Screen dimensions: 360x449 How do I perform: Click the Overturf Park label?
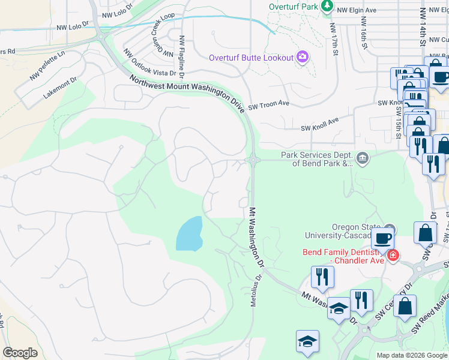tap(293, 7)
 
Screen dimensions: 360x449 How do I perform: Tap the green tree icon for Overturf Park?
tap(327, 7)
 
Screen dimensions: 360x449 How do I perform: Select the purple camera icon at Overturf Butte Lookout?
tap(303, 58)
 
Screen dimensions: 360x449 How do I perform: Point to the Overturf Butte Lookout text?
tap(251, 58)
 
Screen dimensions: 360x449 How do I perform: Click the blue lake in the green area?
tap(189, 234)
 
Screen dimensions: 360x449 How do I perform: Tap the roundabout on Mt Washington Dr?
tap(253, 160)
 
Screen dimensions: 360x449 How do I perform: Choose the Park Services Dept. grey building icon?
tap(363, 158)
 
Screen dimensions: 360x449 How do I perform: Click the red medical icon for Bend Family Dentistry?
tap(393, 256)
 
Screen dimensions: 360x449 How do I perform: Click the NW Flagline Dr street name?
tap(181, 52)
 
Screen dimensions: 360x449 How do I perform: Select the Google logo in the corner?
tap(20, 352)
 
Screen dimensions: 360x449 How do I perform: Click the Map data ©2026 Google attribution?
tap(411, 355)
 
